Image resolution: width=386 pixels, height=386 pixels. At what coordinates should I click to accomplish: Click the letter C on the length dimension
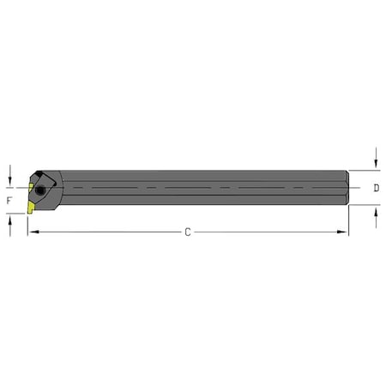point(187,233)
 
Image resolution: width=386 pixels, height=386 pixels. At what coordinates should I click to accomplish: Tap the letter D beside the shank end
point(377,187)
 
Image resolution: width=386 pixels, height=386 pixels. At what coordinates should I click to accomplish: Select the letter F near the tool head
point(9,200)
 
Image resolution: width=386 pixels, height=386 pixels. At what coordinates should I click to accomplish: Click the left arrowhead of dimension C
point(32,232)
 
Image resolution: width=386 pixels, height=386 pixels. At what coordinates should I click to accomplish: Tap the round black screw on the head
point(39,189)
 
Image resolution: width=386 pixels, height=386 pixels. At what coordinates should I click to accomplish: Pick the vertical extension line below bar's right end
point(347,220)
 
